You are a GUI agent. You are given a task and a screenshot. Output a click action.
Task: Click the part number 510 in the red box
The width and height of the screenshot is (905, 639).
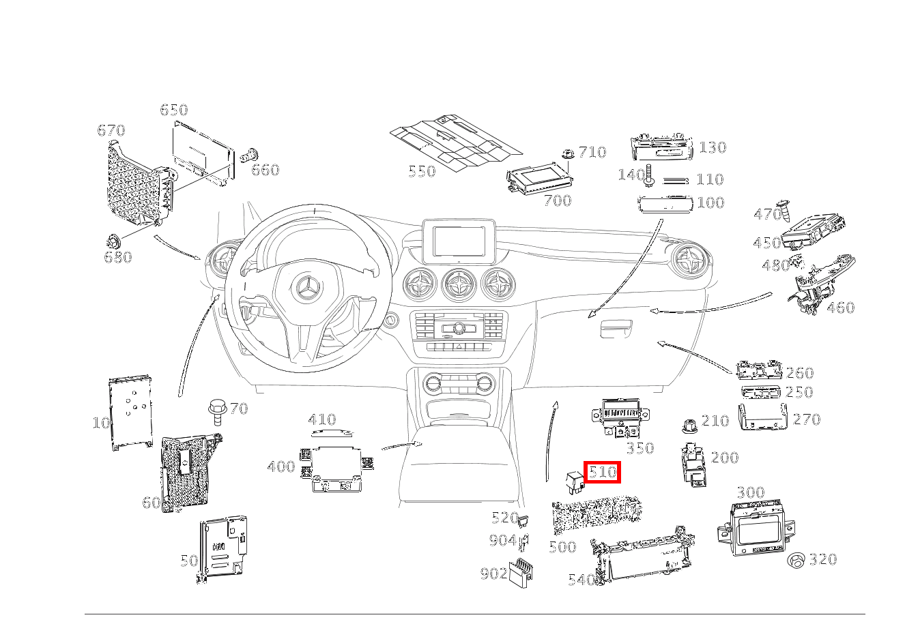coord(602,471)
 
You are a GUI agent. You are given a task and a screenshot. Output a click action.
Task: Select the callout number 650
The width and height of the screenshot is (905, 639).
coord(173,110)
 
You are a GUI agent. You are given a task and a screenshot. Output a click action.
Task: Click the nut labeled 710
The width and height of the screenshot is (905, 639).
coord(566,154)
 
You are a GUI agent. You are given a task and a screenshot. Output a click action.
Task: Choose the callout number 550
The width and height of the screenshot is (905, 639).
coord(421,170)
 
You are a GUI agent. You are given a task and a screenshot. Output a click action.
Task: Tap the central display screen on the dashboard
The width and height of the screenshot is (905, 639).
coord(459,241)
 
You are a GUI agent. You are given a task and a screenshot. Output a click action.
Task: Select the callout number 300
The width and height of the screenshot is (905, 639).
coord(750,492)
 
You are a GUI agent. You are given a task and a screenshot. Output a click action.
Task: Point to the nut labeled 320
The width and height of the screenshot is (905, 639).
coord(795,561)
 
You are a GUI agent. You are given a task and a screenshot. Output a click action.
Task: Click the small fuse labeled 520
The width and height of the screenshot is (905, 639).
coord(523,522)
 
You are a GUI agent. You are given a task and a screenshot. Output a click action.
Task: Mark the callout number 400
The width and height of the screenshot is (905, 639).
coord(281,466)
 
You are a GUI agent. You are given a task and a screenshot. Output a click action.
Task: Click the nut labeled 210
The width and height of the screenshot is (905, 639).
coord(689,427)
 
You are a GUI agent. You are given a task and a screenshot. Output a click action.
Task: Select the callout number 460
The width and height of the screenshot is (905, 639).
coord(840,308)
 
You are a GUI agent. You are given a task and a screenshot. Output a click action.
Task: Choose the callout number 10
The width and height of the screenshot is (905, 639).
coord(101,423)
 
